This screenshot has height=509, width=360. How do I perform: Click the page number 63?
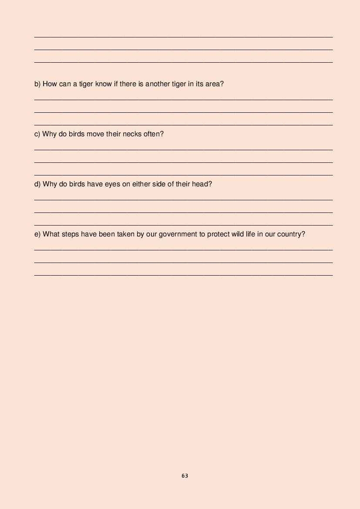[x=185, y=476]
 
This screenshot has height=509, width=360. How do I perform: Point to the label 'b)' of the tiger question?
[x=37, y=84]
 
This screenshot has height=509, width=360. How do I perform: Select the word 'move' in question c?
[x=95, y=134]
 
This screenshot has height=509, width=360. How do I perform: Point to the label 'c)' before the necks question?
[x=37, y=134]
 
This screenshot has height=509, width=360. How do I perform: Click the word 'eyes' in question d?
[x=112, y=184]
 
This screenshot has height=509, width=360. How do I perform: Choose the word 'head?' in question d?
[x=202, y=184]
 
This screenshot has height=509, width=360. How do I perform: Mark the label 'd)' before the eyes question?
[x=37, y=184]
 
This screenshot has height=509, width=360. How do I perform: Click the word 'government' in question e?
[x=178, y=234]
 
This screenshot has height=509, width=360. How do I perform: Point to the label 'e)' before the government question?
[x=37, y=234]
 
